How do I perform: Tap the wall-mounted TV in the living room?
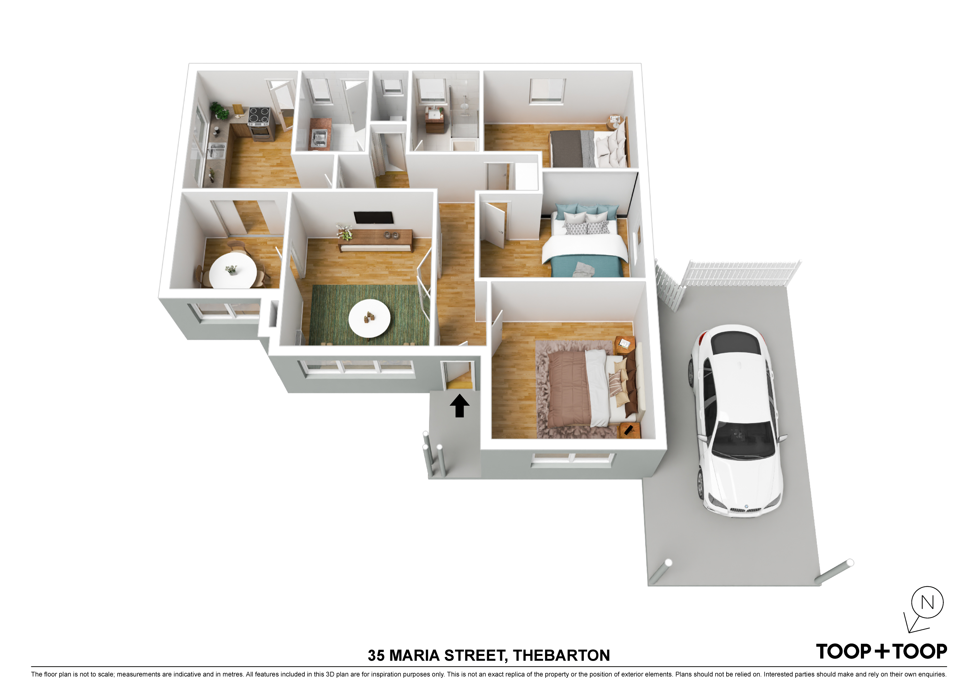(374, 218)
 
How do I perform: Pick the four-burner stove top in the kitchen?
(259, 115)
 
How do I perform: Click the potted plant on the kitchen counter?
(220, 111)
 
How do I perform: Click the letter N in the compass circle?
(927, 602)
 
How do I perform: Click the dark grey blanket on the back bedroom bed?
(566, 148)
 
